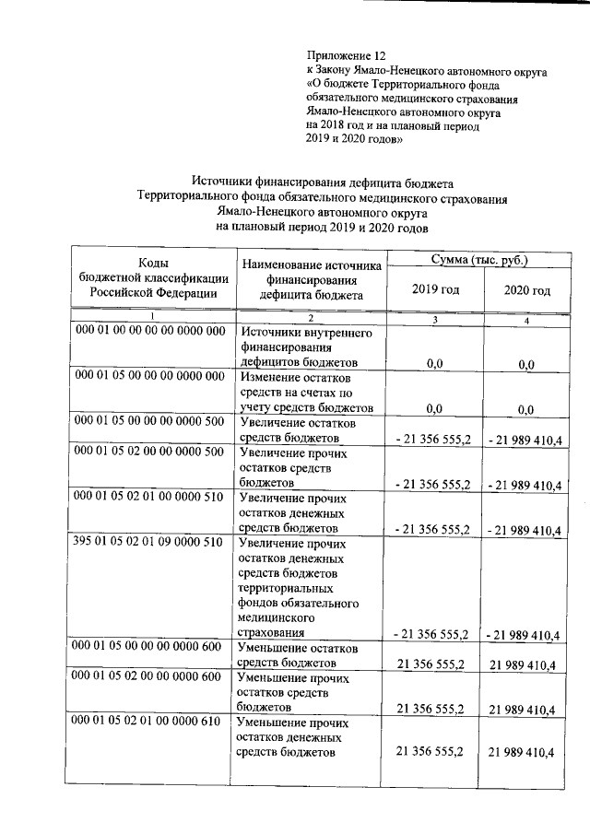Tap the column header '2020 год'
pos(527,290)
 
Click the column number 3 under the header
pos(435,319)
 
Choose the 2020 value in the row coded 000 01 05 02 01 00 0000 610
pos(522,753)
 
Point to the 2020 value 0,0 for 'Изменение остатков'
pos(526,409)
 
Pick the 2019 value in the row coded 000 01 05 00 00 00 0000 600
pos(430,664)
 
